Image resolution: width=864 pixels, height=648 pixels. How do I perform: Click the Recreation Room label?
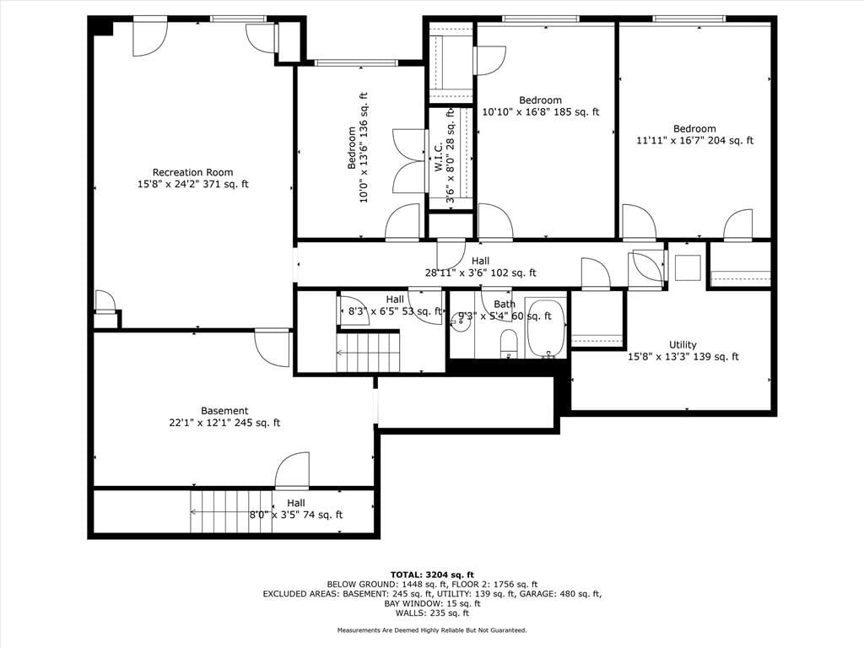(193, 172)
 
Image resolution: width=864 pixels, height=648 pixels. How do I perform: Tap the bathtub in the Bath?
(546, 328)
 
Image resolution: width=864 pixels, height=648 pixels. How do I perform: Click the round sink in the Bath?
(461, 321)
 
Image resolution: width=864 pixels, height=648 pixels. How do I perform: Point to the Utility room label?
(683, 345)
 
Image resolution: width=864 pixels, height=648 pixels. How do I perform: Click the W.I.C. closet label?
(438, 156)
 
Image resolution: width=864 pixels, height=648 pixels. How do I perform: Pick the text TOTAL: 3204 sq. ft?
(432, 575)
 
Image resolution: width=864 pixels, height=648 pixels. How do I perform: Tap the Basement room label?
(224, 411)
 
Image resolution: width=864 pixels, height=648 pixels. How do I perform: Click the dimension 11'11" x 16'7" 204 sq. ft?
(695, 140)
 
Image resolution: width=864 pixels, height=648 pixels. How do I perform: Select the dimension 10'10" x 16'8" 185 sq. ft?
(541, 112)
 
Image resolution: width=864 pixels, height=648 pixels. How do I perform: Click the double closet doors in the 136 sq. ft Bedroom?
(410, 161)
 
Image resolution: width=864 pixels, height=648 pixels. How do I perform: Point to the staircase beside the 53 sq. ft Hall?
(368, 352)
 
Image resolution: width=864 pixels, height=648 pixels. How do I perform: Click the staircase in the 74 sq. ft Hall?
(231, 512)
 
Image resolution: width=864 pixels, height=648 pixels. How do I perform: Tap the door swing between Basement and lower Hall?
(292, 471)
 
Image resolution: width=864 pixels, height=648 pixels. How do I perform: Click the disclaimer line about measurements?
(432, 629)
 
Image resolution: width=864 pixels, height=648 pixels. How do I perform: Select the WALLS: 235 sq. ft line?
(432, 613)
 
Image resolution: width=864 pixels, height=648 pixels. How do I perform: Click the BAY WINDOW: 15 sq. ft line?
(432, 603)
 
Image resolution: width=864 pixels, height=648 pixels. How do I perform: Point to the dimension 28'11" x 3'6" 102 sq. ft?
(480, 273)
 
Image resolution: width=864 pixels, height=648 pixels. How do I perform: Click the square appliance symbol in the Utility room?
(688, 268)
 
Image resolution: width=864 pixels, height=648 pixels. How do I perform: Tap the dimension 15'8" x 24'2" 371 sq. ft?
(193, 184)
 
